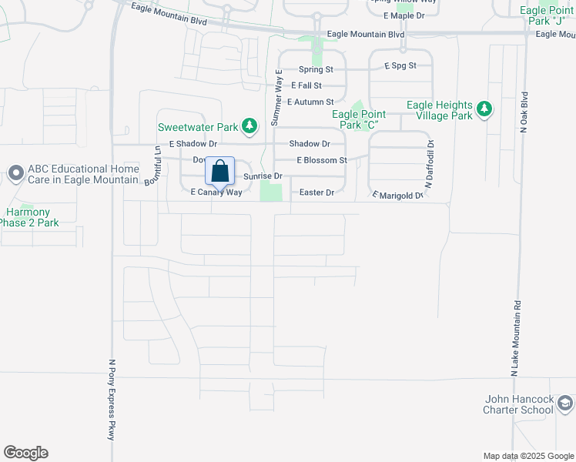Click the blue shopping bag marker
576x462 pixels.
point(219,172)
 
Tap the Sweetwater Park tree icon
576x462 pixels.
point(249,126)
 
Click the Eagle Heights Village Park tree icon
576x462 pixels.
point(484,109)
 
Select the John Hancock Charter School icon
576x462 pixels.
point(565,403)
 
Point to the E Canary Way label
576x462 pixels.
point(216,192)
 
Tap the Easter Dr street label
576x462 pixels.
point(316,192)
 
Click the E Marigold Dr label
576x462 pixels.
point(398,196)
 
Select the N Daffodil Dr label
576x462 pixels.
point(430,164)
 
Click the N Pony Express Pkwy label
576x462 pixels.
point(112,400)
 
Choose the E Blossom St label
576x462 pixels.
point(323,160)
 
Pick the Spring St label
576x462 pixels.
point(315,69)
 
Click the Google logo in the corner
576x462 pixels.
point(25,453)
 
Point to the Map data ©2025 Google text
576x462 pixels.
point(528,456)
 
